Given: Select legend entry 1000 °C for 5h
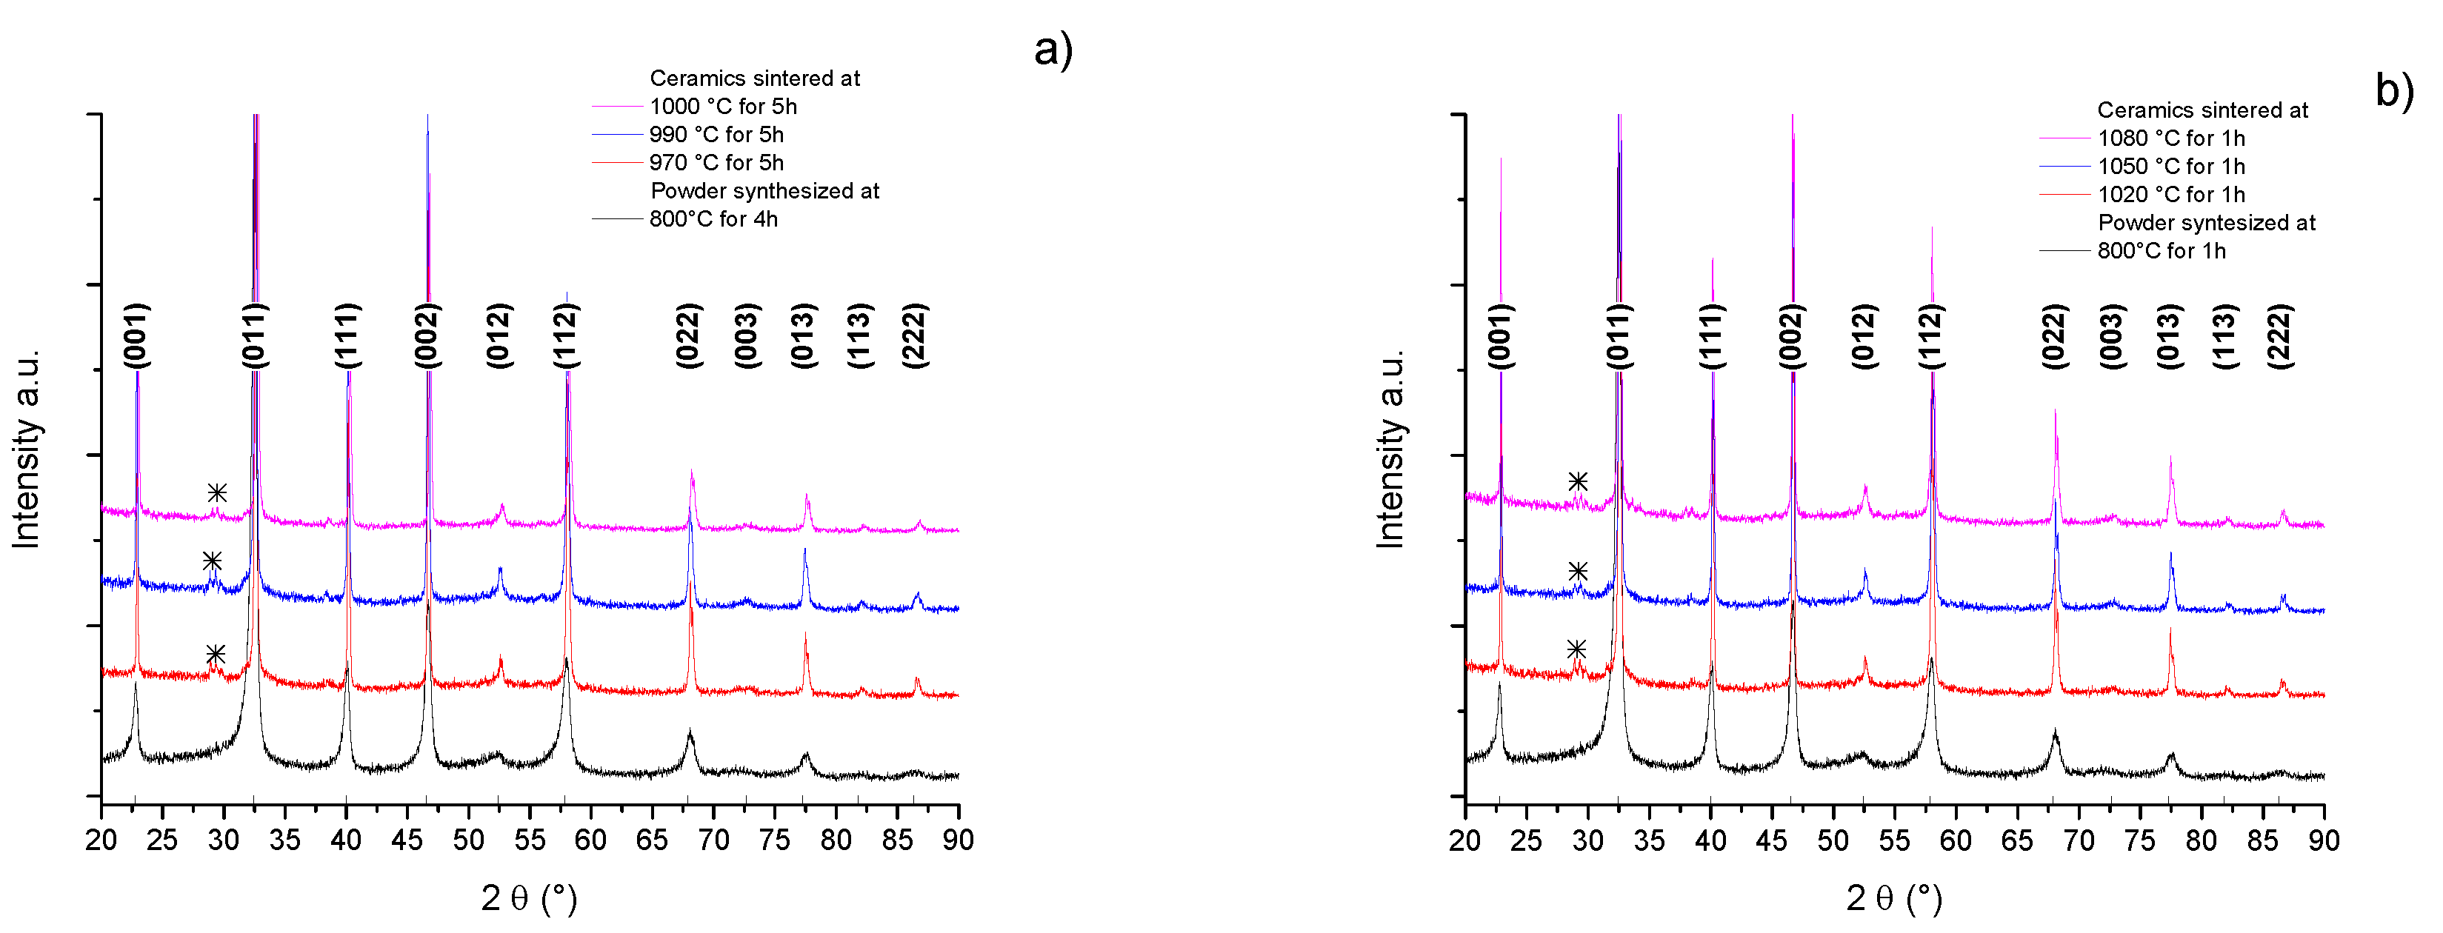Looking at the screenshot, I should click(723, 106).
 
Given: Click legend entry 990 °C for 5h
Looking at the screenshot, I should click(716, 135).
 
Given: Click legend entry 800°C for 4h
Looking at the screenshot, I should click(713, 219).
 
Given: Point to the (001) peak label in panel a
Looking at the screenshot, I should click(136, 335).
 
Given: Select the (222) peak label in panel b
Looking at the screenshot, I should click(2280, 335).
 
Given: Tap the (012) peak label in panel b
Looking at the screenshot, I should click(1864, 335).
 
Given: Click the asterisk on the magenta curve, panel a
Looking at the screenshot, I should click(217, 493).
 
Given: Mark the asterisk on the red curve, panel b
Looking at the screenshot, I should click(1576, 649).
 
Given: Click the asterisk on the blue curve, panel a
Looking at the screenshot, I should click(213, 561).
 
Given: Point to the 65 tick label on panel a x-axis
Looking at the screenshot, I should click(652, 840).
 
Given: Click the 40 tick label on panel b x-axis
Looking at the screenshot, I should click(1710, 840).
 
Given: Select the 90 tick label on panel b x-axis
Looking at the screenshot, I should click(2324, 840).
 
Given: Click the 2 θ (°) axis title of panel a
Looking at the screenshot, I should click(529, 898).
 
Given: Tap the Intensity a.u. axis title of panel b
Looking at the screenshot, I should click(1390, 449).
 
